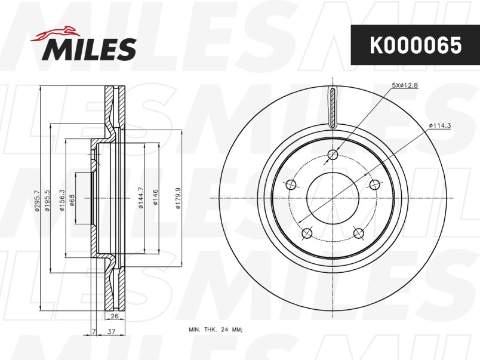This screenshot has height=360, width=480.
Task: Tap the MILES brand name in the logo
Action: [x=89, y=49]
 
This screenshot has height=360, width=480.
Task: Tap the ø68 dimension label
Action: [x=73, y=200]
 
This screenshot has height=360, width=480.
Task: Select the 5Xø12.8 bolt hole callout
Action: [x=404, y=86]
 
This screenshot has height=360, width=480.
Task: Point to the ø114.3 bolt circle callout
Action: [x=439, y=125]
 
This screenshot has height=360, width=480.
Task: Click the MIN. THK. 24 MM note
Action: [x=216, y=330]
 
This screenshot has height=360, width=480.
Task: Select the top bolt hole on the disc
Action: [x=333, y=155]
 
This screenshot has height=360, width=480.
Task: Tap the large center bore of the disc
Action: [x=333, y=198]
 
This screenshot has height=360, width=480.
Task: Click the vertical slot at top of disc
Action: [x=333, y=107]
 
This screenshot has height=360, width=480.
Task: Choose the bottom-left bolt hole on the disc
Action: [x=307, y=233]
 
